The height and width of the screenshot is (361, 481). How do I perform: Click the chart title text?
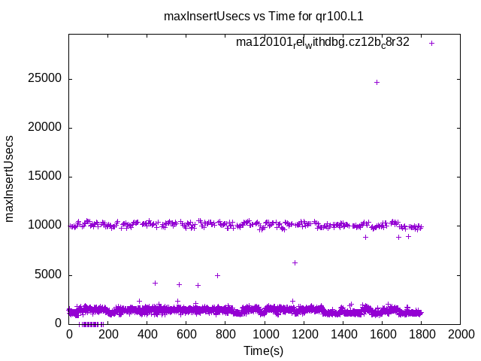(268, 16)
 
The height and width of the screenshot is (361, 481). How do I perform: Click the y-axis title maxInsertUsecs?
(10, 178)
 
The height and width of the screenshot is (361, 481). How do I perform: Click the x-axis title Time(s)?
(263, 350)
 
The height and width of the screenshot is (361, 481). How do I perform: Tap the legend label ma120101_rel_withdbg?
(322, 42)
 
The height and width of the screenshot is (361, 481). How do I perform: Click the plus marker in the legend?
(431, 43)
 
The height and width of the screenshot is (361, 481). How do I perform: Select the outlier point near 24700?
(377, 82)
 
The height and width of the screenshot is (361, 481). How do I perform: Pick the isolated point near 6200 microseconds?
(295, 262)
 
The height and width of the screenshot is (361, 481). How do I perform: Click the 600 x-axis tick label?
(186, 335)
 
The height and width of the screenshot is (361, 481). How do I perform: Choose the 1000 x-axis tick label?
(265, 335)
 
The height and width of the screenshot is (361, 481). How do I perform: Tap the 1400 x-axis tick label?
(343, 335)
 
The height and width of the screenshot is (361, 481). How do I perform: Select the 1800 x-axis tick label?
(421, 335)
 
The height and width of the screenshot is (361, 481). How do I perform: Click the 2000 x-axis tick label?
(460, 335)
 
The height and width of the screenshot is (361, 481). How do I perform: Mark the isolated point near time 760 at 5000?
(217, 275)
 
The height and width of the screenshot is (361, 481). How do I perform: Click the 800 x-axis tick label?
(225, 335)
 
